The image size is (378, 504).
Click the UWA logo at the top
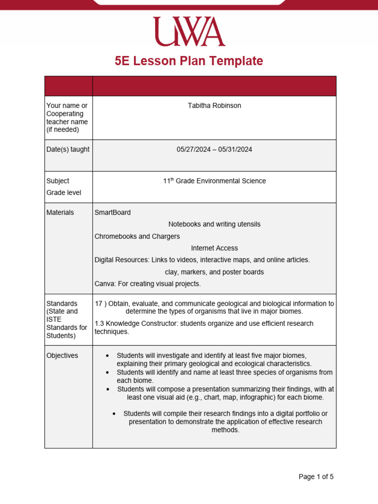coord(189,31)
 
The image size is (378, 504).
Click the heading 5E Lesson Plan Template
coord(189,61)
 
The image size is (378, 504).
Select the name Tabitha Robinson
coord(214,106)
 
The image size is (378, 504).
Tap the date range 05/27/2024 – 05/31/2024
coord(214,150)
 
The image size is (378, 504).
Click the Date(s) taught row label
coord(68,150)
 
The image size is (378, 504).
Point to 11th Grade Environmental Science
coord(214,181)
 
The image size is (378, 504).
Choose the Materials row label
coord(60,213)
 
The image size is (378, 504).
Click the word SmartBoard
coord(113,213)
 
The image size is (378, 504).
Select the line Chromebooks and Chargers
coord(137,236)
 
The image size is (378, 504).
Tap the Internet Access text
coord(214,248)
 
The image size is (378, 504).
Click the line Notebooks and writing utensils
coord(214,224)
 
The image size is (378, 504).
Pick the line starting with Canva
coord(148,284)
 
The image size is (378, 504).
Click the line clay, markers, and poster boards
coord(214,272)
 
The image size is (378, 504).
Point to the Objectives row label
coord(62,355)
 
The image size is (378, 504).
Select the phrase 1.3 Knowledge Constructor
coord(135,324)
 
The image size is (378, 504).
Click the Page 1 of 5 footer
coord(316,476)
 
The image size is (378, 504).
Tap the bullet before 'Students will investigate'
coord(107,355)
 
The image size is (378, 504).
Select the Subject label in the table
coord(58,181)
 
